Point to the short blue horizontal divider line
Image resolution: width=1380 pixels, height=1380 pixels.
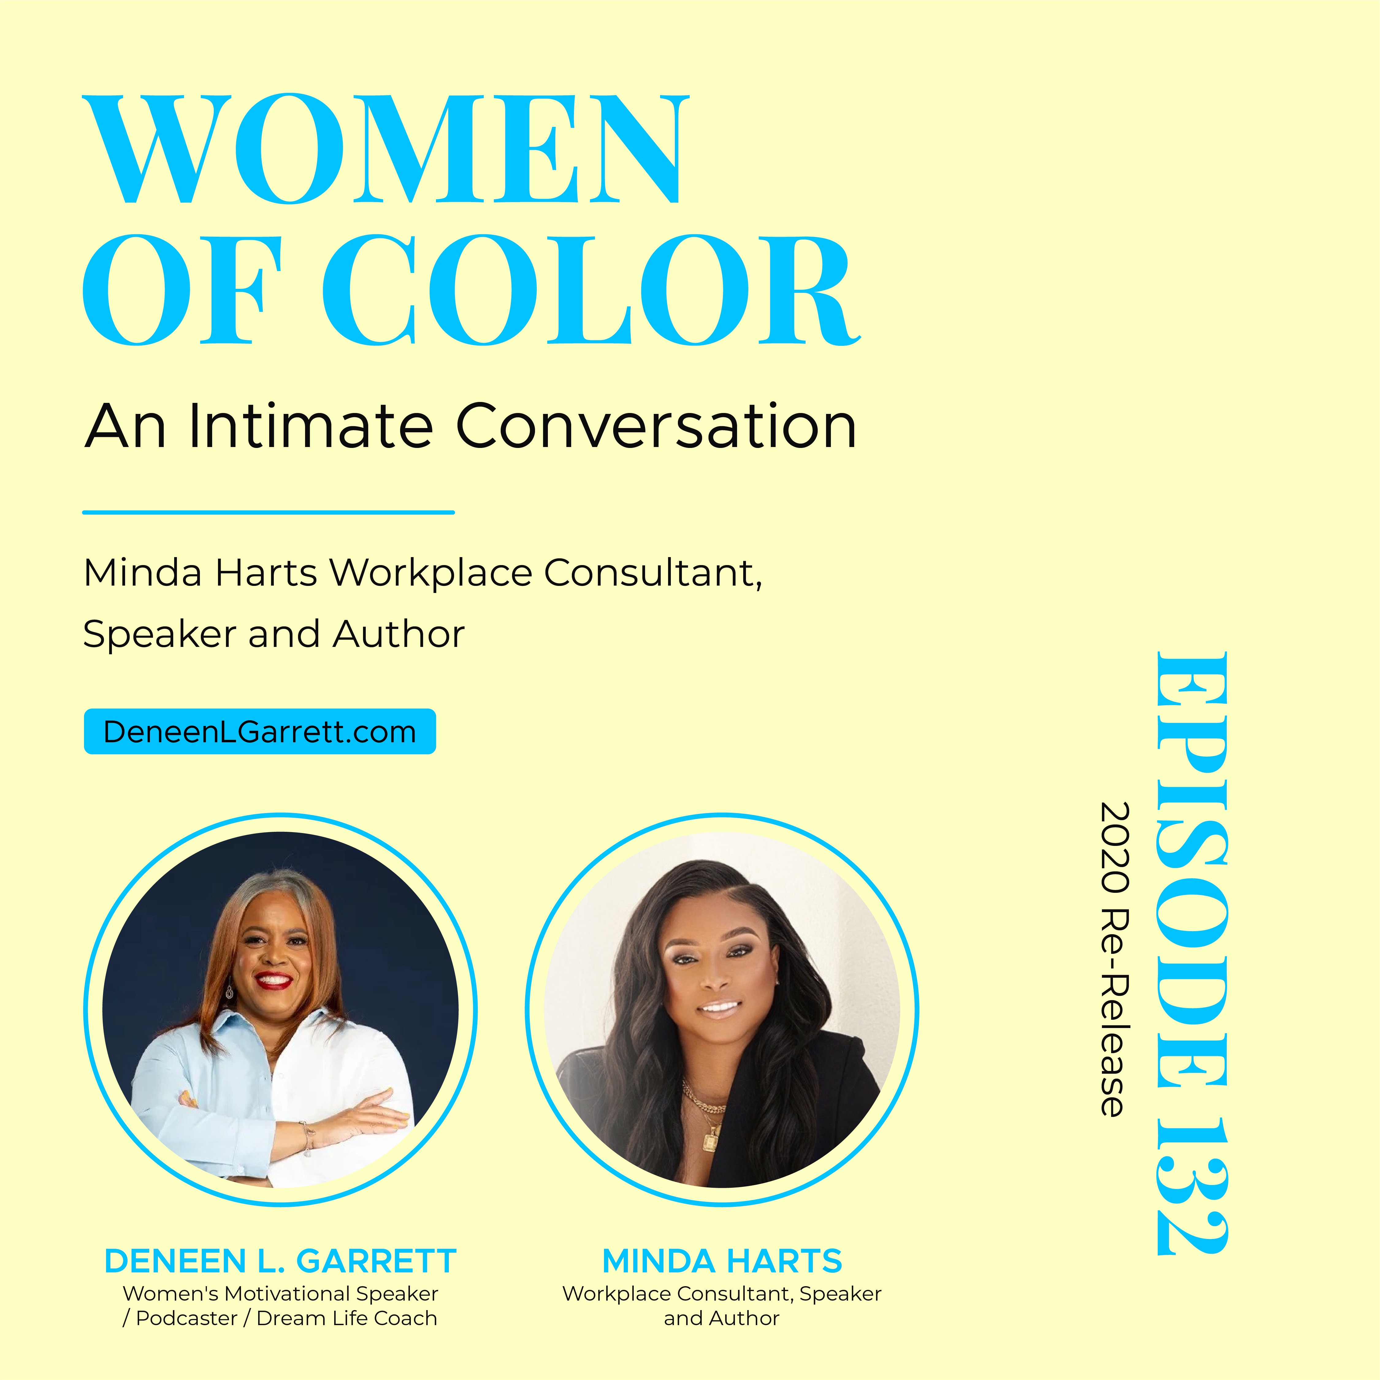(x=269, y=512)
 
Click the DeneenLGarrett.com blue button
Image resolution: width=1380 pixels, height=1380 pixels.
(x=260, y=732)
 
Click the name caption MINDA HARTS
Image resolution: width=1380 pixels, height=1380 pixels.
(x=722, y=1261)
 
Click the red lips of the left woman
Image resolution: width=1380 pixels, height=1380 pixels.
(x=274, y=980)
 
